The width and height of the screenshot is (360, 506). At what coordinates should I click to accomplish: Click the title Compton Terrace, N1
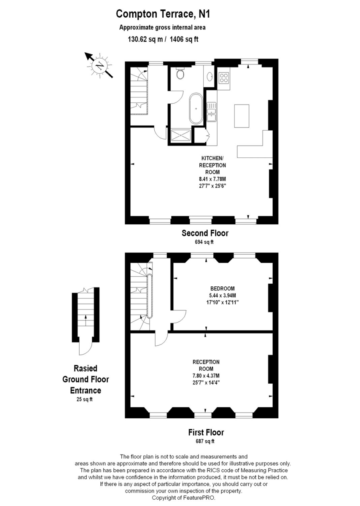[x=163, y=14]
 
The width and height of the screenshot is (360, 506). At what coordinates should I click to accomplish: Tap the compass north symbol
[x=99, y=66]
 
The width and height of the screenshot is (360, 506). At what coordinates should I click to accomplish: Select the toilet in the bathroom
[x=180, y=74]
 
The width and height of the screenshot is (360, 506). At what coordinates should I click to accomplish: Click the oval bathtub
[x=196, y=109]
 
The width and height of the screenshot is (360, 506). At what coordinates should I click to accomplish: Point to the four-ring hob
[x=224, y=78]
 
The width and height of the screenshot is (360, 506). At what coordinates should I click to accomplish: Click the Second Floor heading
[x=205, y=233]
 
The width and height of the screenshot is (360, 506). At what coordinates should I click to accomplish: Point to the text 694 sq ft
[x=204, y=242]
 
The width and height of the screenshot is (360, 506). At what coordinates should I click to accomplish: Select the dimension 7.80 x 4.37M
[x=206, y=376]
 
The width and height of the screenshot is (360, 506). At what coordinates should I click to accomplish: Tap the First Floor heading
[x=206, y=432]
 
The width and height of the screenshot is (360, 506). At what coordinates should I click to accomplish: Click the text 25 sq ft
[x=82, y=399]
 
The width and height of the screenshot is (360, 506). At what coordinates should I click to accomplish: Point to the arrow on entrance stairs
[x=86, y=319]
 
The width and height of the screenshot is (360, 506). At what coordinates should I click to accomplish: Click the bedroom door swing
[x=180, y=317]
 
